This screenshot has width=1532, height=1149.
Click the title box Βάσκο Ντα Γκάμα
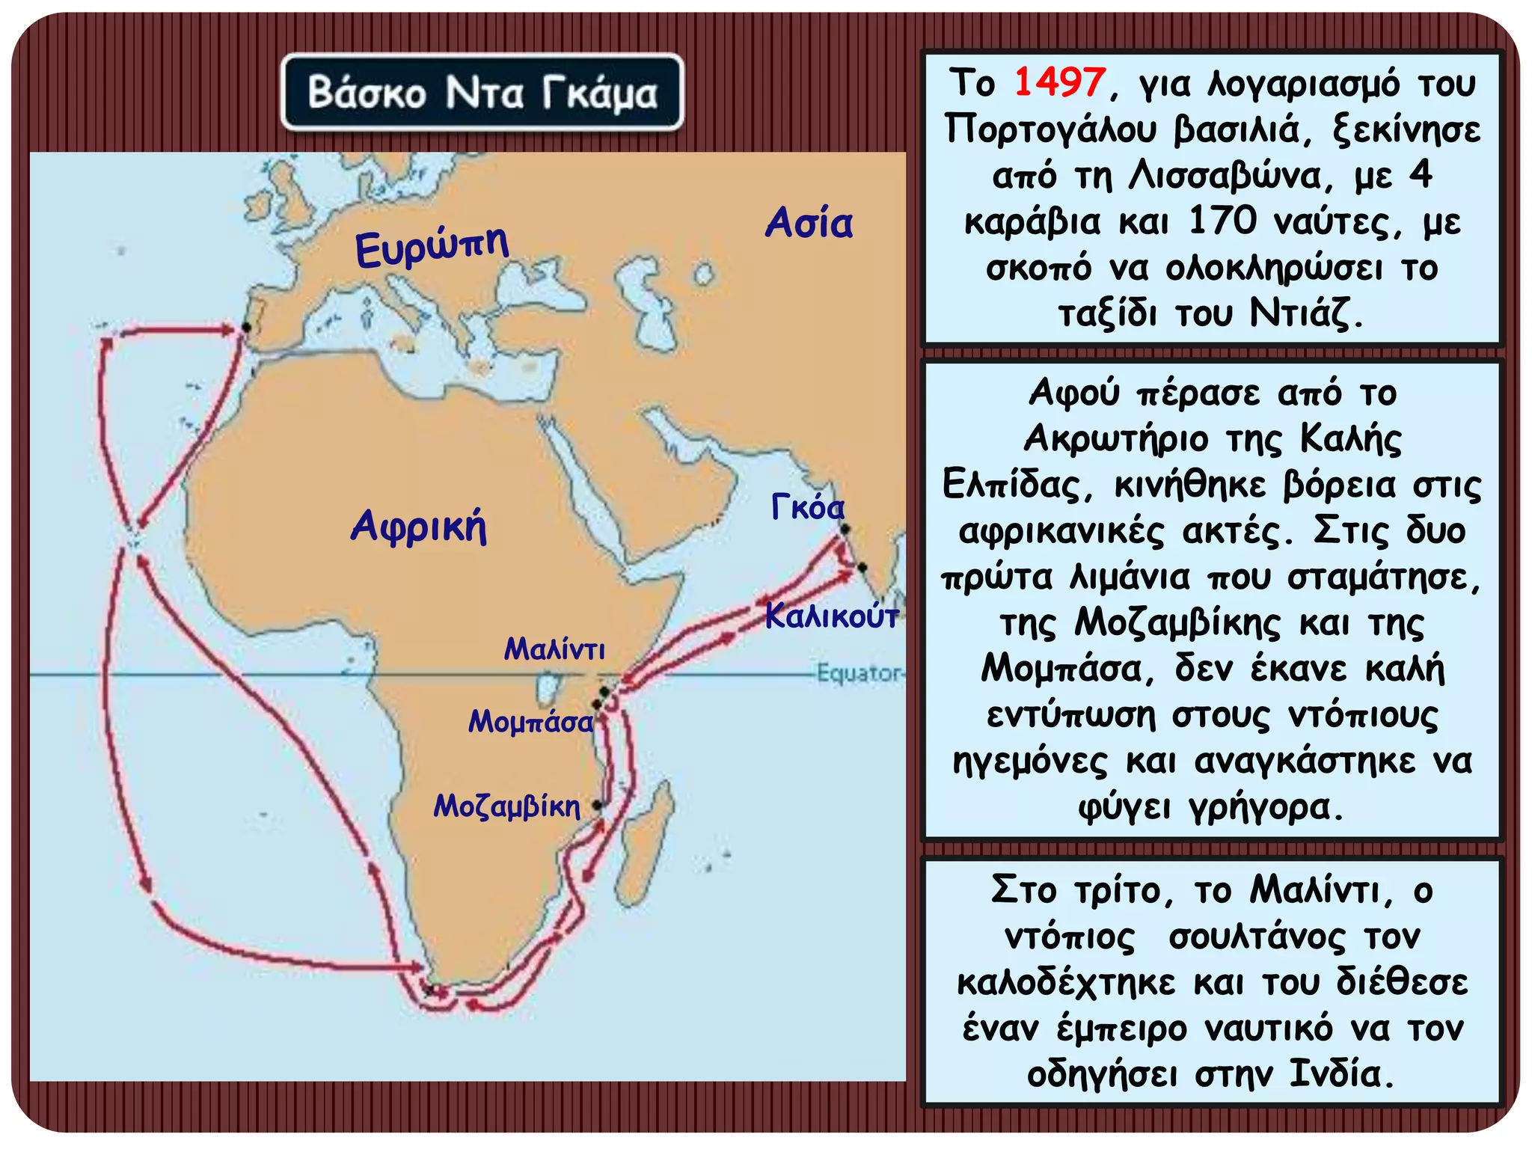coord(482,93)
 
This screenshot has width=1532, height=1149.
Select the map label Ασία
coord(809,223)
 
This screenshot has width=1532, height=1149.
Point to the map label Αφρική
coord(419,525)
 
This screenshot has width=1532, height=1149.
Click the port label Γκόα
coord(807,508)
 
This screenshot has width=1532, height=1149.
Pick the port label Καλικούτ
coord(831,616)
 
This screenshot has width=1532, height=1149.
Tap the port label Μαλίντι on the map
coord(554,649)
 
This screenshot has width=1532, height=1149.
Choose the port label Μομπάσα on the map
coord(530,722)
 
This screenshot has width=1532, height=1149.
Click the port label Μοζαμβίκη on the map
coord(507,806)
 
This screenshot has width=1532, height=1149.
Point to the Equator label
coord(859,673)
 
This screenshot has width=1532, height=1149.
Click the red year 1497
coord(1059,82)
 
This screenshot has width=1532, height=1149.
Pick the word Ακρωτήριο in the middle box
coord(1115,438)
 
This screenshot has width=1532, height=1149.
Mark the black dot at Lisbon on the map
coord(246,328)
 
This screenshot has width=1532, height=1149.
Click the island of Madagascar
coord(646,842)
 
